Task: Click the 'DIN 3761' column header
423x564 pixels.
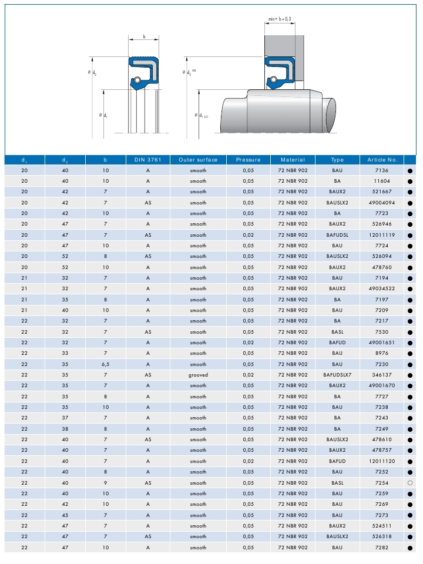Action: (148, 160)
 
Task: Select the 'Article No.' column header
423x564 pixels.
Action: (382, 160)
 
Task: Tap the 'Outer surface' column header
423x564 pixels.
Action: (198, 160)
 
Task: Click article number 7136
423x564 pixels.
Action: (382, 170)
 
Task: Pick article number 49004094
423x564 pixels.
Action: (382, 203)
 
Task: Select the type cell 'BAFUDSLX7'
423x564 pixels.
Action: (337, 375)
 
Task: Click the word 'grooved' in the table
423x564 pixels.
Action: (198, 375)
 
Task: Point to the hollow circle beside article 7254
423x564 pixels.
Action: (410, 483)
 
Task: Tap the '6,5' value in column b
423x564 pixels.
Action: (105, 364)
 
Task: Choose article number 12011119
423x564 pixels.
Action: (382, 235)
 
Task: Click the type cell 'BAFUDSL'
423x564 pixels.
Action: (337, 235)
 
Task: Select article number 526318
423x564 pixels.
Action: (382, 536)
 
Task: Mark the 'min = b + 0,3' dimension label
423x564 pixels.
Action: (280, 19)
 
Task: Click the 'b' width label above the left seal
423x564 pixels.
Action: (144, 36)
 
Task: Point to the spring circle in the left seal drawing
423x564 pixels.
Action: (136, 79)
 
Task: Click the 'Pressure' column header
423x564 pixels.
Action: (248, 160)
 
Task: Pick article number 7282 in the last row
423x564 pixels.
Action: (382, 548)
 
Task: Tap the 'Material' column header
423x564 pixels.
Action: (293, 160)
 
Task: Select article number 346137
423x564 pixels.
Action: (382, 375)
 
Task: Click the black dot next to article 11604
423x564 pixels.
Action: (410, 182)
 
